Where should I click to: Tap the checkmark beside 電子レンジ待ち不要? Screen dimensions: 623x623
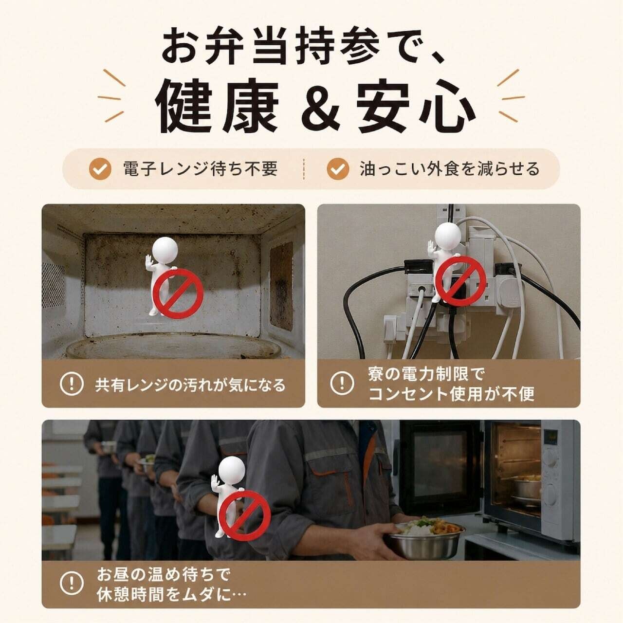click(100, 168)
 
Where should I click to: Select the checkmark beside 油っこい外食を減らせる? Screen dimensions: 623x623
click(338, 168)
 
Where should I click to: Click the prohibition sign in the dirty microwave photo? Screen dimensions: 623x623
click(178, 293)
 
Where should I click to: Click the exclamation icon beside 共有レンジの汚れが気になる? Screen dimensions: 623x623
click(72, 384)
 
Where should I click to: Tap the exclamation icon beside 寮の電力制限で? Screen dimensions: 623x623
click(342, 384)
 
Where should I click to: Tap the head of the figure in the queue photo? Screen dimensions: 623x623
click(232, 472)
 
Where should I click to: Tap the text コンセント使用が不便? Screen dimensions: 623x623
click(451, 394)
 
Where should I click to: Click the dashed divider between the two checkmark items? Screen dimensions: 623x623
click(304, 168)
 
